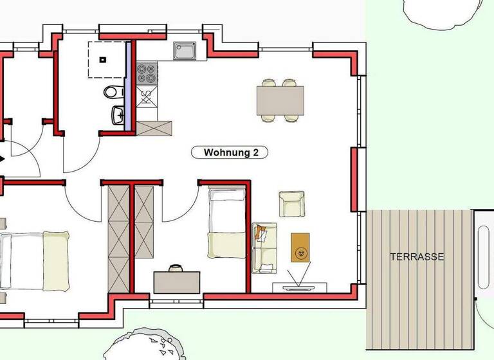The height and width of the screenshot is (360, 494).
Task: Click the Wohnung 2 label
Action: pyautogui.click(x=230, y=152)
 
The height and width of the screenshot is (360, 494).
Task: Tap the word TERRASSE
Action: pyautogui.click(x=417, y=256)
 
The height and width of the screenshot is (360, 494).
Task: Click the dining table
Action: pyautogui.click(x=280, y=100)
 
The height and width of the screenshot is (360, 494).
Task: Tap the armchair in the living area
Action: pyautogui.click(x=291, y=203)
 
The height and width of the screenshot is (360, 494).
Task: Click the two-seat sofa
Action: pyautogui.click(x=264, y=247)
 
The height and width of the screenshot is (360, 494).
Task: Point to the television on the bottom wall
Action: pyautogui.click(x=299, y=287)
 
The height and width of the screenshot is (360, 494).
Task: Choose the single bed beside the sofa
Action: pyautogui.click(x=226, y=222)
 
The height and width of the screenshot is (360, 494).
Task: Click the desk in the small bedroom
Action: pyautogui.click(x=176, y=282)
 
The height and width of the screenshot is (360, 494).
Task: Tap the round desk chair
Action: pyautogui.click(x=176, y=266)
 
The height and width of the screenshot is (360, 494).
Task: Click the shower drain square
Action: pyautogui.click(x=102, y=60)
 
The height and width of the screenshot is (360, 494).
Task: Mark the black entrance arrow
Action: pyautogui.click(x=3, y=158)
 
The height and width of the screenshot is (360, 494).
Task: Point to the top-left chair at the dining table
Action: pyautogui.click(x=269, y=83)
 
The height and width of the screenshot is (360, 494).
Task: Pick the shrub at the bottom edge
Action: pyautogui.click(x=145, y=346)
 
